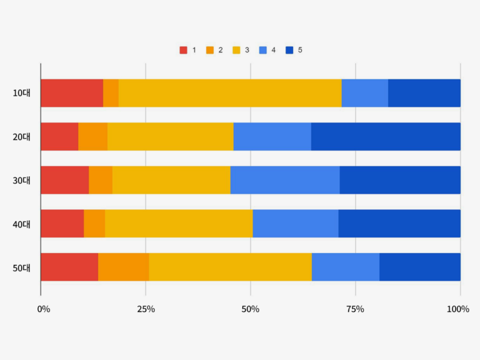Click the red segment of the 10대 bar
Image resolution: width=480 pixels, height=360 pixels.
coord(72,93)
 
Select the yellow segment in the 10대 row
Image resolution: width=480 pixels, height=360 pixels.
coord(230,93)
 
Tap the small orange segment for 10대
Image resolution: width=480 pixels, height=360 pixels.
coord(111,93)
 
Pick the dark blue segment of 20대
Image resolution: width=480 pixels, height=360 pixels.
coord(386,136)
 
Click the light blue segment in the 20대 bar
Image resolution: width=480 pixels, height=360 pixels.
coord(272,136)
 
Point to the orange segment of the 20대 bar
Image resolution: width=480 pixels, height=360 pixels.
coord(92,136)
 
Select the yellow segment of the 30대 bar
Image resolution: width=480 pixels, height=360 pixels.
coord(171,180)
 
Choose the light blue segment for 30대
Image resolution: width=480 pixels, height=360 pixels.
coord(285,180)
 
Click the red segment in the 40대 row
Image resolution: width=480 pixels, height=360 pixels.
coord(62,224)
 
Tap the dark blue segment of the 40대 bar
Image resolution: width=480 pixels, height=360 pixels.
coord(399,224)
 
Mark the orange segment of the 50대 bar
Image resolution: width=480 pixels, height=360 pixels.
coord(124,267)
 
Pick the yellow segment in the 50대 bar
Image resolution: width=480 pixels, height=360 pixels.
coord(230,267)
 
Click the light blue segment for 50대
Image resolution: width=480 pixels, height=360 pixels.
coord(345,267)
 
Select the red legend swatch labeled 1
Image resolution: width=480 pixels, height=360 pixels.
coord(183,50)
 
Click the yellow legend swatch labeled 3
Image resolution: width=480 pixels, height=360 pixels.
coord(236,50)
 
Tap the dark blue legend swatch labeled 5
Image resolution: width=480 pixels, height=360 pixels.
coord(289,50)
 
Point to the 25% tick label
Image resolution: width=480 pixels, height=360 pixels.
coord(146,309)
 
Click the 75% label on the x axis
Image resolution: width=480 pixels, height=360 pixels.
coord(355,309)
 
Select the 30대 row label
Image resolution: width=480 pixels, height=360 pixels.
coord(21,181)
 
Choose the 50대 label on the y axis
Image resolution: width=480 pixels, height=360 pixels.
coord(21,267)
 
